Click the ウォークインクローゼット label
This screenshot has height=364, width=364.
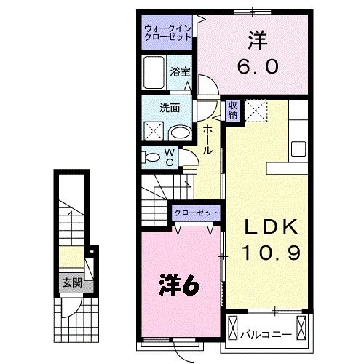pyautogui.click(x=167, y=32)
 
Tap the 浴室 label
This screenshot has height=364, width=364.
pyautogui.click(x=180, y=71)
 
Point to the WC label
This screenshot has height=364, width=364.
pyautogui.click(x=168, y=156)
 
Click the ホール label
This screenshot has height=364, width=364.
pyautogui.click(x=207, y=139)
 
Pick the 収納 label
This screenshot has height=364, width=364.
pyautogui.click(x=233, y=110)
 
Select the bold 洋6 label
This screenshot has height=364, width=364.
pyautogui.click(x=180, y=283)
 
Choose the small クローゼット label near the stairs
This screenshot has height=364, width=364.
pyautogui.click(x=197, y=213)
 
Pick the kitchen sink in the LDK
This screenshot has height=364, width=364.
pyautogui.click(x=298, y=149)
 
